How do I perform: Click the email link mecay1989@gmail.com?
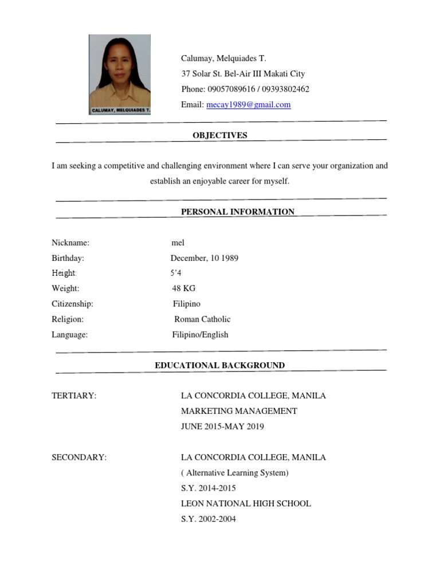248,105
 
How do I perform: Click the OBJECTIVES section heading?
220,135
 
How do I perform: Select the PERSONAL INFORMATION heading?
238,212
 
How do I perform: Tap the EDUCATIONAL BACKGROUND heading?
219,365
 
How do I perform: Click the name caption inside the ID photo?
120,109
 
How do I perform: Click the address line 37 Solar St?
243,73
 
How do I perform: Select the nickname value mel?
178,242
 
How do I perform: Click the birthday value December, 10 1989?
204,258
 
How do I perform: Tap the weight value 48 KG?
183,288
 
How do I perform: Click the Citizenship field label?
72,304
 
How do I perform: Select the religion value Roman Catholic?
202,319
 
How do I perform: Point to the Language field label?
69,335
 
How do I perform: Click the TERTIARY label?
74,396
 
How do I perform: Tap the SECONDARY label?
79,457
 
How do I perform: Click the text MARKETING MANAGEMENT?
239,411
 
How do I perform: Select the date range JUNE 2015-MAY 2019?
222,426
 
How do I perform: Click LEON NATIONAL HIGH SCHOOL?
246,503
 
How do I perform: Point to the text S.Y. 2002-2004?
208,519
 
